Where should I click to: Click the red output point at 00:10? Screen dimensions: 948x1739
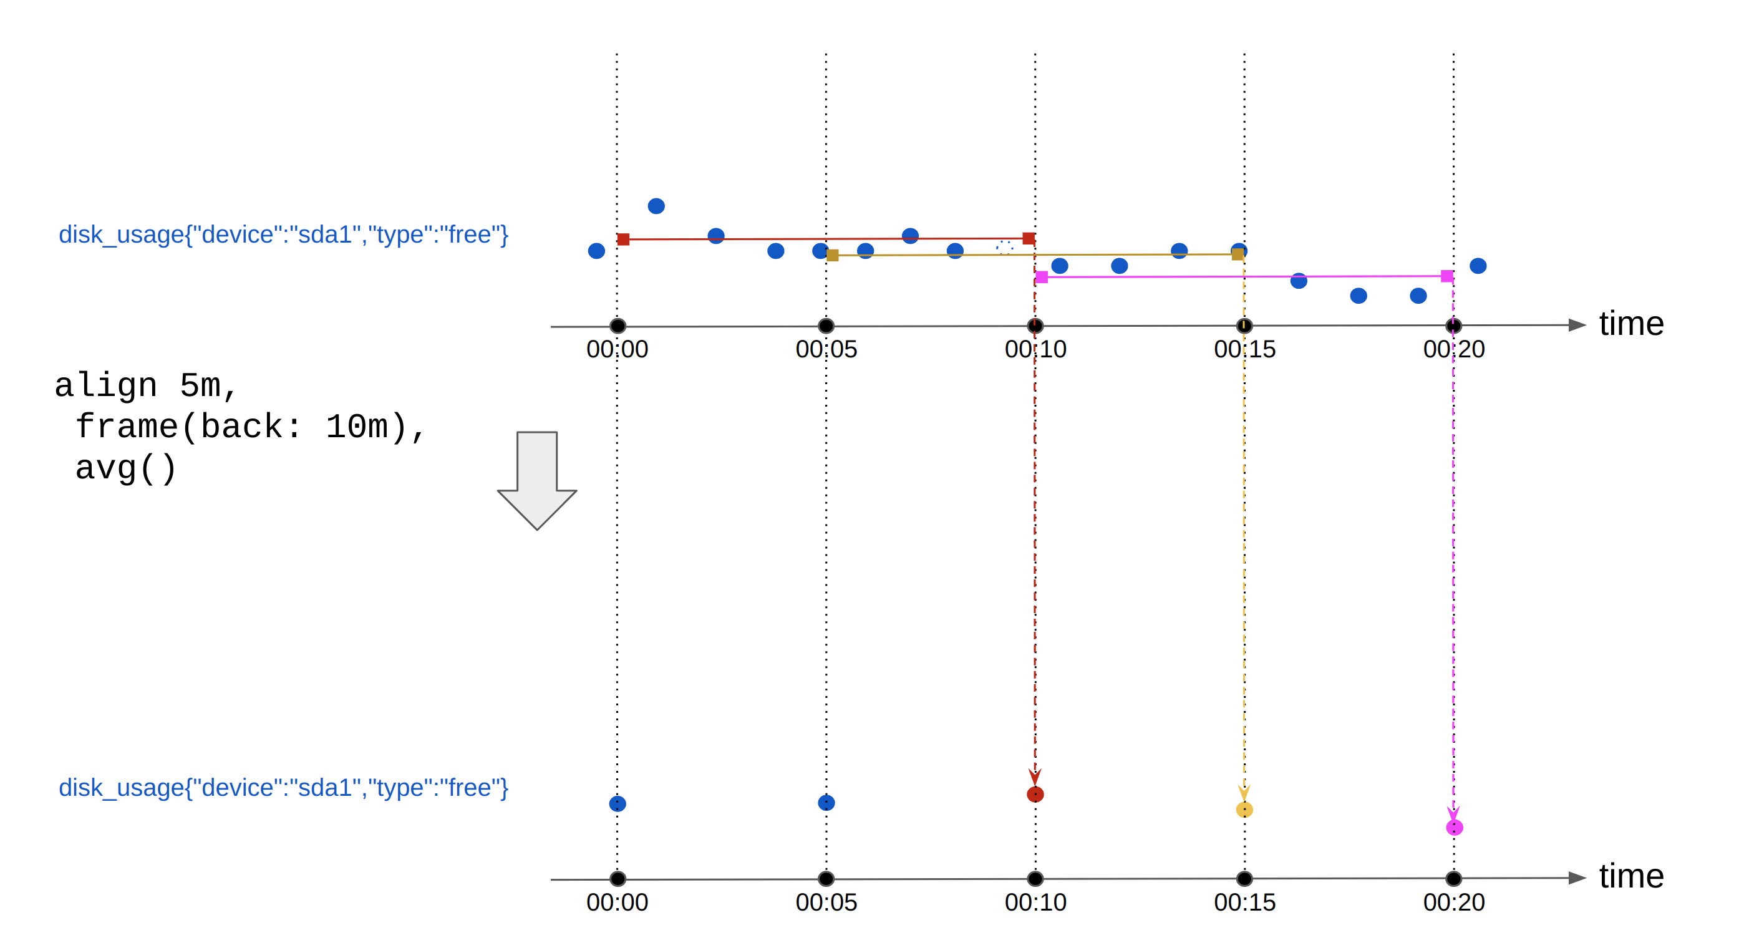1035,794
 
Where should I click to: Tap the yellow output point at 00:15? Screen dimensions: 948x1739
1244,809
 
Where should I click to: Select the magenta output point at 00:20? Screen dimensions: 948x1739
1454,827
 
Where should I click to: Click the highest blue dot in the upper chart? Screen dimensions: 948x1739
656,206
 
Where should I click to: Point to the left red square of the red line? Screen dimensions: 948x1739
624,239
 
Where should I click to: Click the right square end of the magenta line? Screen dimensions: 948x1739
1446,276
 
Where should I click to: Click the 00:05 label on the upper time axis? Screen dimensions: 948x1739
826,349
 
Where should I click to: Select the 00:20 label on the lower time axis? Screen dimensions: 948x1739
1453,902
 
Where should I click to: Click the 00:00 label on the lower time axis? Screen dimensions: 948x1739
617,902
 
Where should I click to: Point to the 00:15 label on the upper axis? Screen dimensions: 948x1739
1244,349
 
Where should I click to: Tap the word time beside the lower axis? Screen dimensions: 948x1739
1631,876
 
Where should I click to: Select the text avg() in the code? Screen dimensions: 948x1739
125,468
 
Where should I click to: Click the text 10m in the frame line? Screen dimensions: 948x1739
356,427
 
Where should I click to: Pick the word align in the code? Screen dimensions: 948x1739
106,385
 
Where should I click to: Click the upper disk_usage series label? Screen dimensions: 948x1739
284,235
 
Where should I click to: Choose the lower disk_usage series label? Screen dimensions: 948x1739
284,787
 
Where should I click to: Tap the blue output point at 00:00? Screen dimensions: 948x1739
618,803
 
